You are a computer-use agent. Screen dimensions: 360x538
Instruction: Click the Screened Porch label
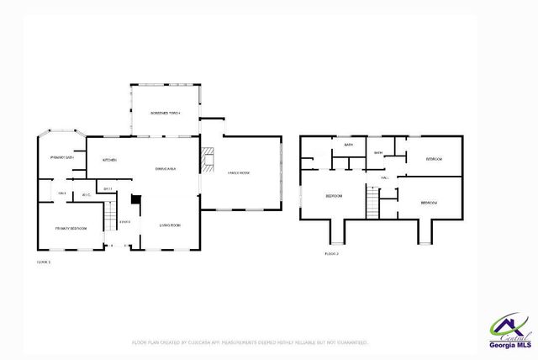(x=165, y=113)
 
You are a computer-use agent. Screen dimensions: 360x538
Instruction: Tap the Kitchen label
(x=109, y=160)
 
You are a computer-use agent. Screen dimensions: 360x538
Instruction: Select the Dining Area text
(x=165, y=169)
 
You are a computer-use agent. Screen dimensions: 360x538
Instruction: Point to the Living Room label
(x=171, y=225)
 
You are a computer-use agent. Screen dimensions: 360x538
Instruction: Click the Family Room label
(x=240, y=172)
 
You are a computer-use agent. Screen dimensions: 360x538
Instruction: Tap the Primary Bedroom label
(x=72, y=228)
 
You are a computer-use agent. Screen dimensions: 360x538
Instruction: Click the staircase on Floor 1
(x=108, y=221)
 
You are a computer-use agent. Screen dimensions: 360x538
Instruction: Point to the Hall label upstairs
(x=383, y=177)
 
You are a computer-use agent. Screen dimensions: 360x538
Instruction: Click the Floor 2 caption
(x=331, y=253)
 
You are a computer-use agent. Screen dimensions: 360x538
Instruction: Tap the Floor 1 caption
(x=44, y=262)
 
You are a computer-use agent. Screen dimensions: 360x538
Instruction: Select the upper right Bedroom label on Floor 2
(x=434, y=159)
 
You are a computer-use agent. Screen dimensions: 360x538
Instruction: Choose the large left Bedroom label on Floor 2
(x=334, y=196)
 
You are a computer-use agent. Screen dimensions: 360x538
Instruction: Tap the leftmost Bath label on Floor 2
(x=348, y=146)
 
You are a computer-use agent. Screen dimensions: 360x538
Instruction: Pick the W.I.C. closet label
(x=86, y=195)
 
